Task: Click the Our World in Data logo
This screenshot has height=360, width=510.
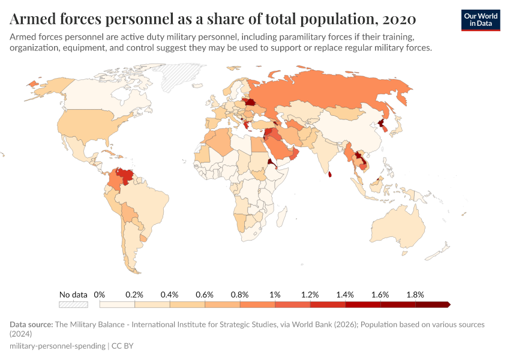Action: (480, 19)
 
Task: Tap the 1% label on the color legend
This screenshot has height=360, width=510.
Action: (275, 295)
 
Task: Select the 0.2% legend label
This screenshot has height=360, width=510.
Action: (134, 295)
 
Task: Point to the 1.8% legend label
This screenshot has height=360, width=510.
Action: (415, 295)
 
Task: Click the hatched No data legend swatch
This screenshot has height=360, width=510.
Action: (73, 304)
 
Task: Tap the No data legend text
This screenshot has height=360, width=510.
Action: (73, 295)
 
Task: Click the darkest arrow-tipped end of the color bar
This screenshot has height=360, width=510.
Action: (446, 304)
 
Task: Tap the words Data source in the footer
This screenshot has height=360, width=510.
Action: (31, 325)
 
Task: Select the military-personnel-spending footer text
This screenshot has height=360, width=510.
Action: (57, 346)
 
